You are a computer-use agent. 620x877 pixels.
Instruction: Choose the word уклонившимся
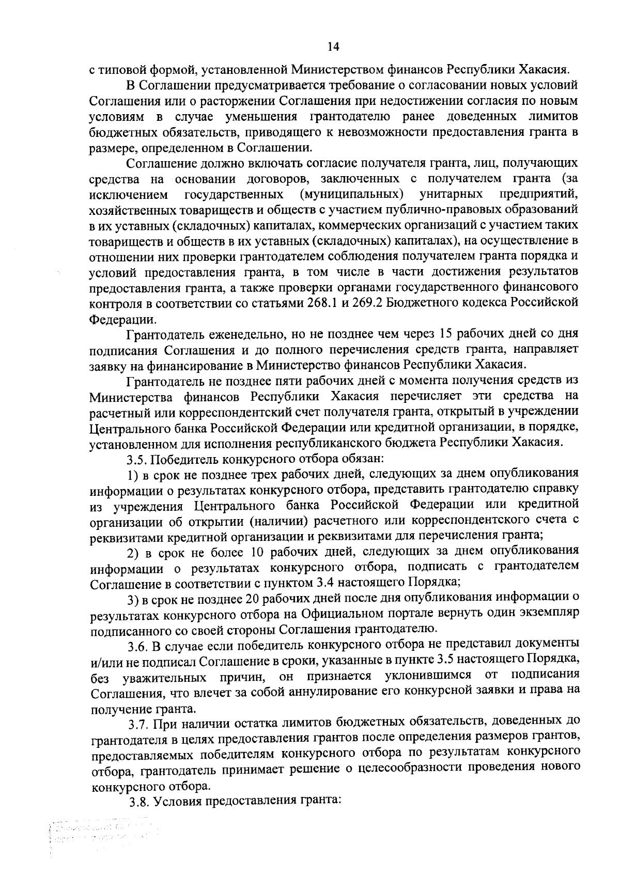[428, 676]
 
